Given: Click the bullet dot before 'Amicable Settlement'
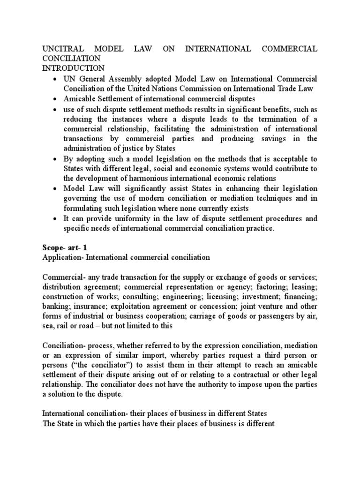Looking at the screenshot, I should click(x=56, y=99).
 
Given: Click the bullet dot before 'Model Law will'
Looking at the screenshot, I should click(x=56, y=189).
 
